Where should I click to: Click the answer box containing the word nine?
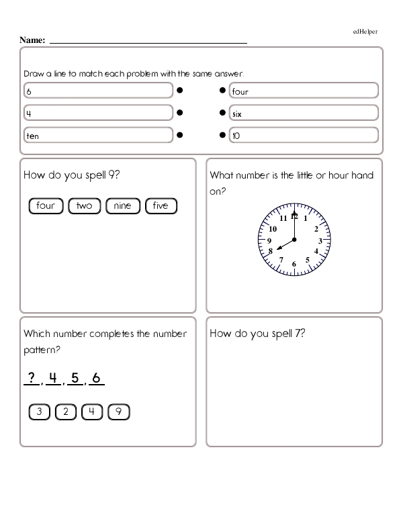(x=123, y=205)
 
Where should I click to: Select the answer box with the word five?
(x=161, y=205)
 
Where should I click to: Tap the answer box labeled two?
(x=84, y=205)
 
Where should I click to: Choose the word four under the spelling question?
(x=46, y=205)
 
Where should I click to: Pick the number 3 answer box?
(x=40, y=412)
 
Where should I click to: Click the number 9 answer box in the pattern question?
(x=118, y=412)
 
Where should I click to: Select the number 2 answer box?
(x=66, y=412)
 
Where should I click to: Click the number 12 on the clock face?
(x=294, y=216)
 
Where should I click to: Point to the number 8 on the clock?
(x=270, y=252)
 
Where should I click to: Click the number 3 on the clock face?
(x=320, y=240)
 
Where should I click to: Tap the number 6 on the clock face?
(x=294, y=264)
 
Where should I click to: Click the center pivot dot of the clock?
(x=294, y=240)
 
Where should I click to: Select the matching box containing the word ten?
(x=98, y=136)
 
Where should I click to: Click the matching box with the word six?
(x=303, y=113)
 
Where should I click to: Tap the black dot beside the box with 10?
(x=222, y=135)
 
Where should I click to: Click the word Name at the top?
(x=32, y=41)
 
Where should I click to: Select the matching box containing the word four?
(x=303, y=91)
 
